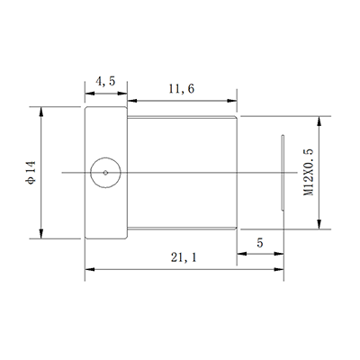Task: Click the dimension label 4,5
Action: tap(105, 83)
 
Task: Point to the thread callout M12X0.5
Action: tap(310, 171)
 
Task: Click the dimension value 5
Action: tap(260, 243)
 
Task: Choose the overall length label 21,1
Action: tap(180, 258)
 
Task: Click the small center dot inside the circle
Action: tap(105, 172)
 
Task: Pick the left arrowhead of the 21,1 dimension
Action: tap(88, 268)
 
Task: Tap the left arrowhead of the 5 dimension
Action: tap(240, 253)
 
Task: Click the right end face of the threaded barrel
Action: tap(237, 172)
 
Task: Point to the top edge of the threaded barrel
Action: tap(180, 117)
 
